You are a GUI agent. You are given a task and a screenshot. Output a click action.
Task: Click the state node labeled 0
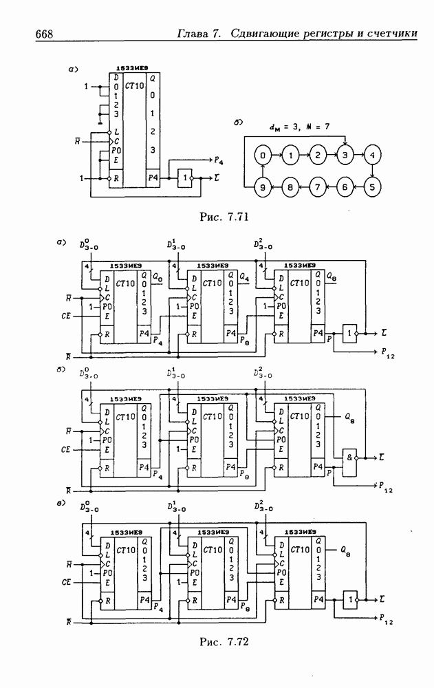(x=263, y=155)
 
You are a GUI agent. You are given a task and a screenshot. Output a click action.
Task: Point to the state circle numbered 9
(x=263, y=186)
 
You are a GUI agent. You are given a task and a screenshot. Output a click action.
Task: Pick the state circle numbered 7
(x=318, y=186)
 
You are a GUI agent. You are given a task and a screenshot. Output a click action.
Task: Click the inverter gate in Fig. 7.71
(x=186, y=178)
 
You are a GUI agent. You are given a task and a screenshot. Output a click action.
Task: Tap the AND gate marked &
(x=350, y=458)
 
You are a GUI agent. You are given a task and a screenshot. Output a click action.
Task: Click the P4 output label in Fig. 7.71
(x=218, y=161)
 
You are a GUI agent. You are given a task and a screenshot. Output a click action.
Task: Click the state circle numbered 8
(x=290, y=186)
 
